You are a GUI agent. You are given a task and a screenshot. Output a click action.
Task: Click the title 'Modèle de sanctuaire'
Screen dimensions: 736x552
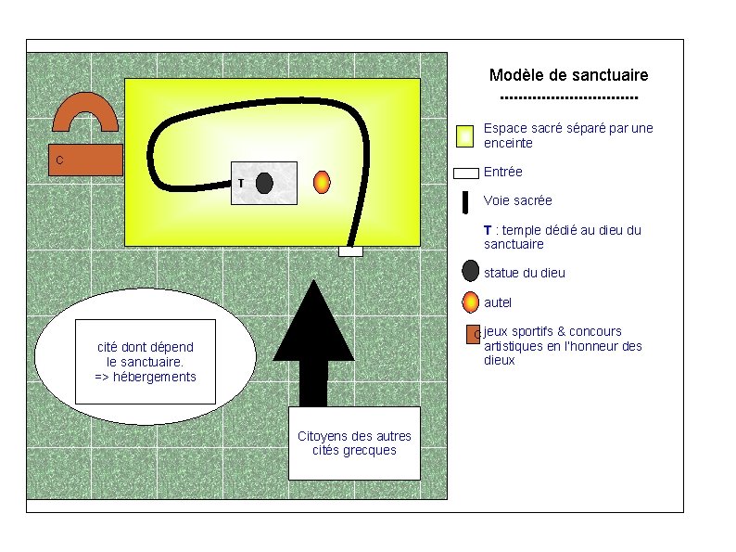568,75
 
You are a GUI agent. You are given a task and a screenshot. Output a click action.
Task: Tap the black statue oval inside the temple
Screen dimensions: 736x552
264,183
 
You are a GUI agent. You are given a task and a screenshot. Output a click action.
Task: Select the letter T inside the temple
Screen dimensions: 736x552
241,183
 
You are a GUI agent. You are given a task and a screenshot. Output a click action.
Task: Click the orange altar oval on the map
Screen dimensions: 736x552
322,182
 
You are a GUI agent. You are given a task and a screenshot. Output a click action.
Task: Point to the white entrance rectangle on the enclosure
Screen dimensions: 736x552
350,251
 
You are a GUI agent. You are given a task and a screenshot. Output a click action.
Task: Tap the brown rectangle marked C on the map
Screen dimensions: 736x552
85,160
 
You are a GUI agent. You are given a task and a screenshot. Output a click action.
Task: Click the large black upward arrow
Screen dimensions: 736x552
313,343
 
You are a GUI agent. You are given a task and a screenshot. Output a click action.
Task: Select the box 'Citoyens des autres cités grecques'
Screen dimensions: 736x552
354,443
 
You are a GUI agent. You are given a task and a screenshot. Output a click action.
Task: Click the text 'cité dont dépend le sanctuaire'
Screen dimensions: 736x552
145,354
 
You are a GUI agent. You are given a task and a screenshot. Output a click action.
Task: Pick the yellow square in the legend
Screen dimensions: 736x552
464,136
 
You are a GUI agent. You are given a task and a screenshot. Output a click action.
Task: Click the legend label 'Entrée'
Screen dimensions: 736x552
502,172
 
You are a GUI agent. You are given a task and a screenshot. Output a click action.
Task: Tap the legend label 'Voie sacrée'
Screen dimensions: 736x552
518,200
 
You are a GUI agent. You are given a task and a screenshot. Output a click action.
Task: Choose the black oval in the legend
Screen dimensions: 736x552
470,271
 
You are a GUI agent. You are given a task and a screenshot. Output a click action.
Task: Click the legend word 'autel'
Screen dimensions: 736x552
498,302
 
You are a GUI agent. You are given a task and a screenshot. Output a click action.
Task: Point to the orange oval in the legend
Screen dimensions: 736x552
470,302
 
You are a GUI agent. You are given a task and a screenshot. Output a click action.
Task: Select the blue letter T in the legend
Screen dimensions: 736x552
488,230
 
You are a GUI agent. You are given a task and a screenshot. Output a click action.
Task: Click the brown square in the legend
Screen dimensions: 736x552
473,335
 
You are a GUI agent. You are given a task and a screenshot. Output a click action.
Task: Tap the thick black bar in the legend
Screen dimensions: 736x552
465,202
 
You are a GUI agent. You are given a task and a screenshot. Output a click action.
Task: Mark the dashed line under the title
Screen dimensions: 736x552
569,98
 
